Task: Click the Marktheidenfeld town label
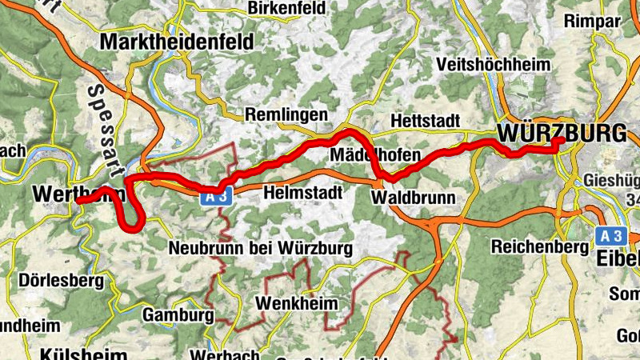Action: pyautogui.click(x=176, y=41)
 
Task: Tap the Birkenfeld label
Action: pyautogui.click(x=287, y=8)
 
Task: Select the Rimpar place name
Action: pyautogui.click(x=592, y=22)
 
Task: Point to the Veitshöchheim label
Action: pyautogui.click(x=494, y=65)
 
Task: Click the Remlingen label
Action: pyautogui.click(x=286, y=114)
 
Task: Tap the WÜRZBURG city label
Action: pyautogui.click(x=562, y=133)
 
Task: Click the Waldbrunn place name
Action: pyautogui.click(x=414, y=197)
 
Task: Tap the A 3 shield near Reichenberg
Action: pyautogui.click(x=611, y=235)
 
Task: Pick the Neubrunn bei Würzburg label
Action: pyautogui.click(x=260, y=249)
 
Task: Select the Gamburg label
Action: pyautogui.click(x=178, y=315)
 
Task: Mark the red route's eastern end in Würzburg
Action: pyautogui.click(x=561, y=141)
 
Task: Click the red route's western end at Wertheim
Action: pyautogui.click(x=79, y=202)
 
